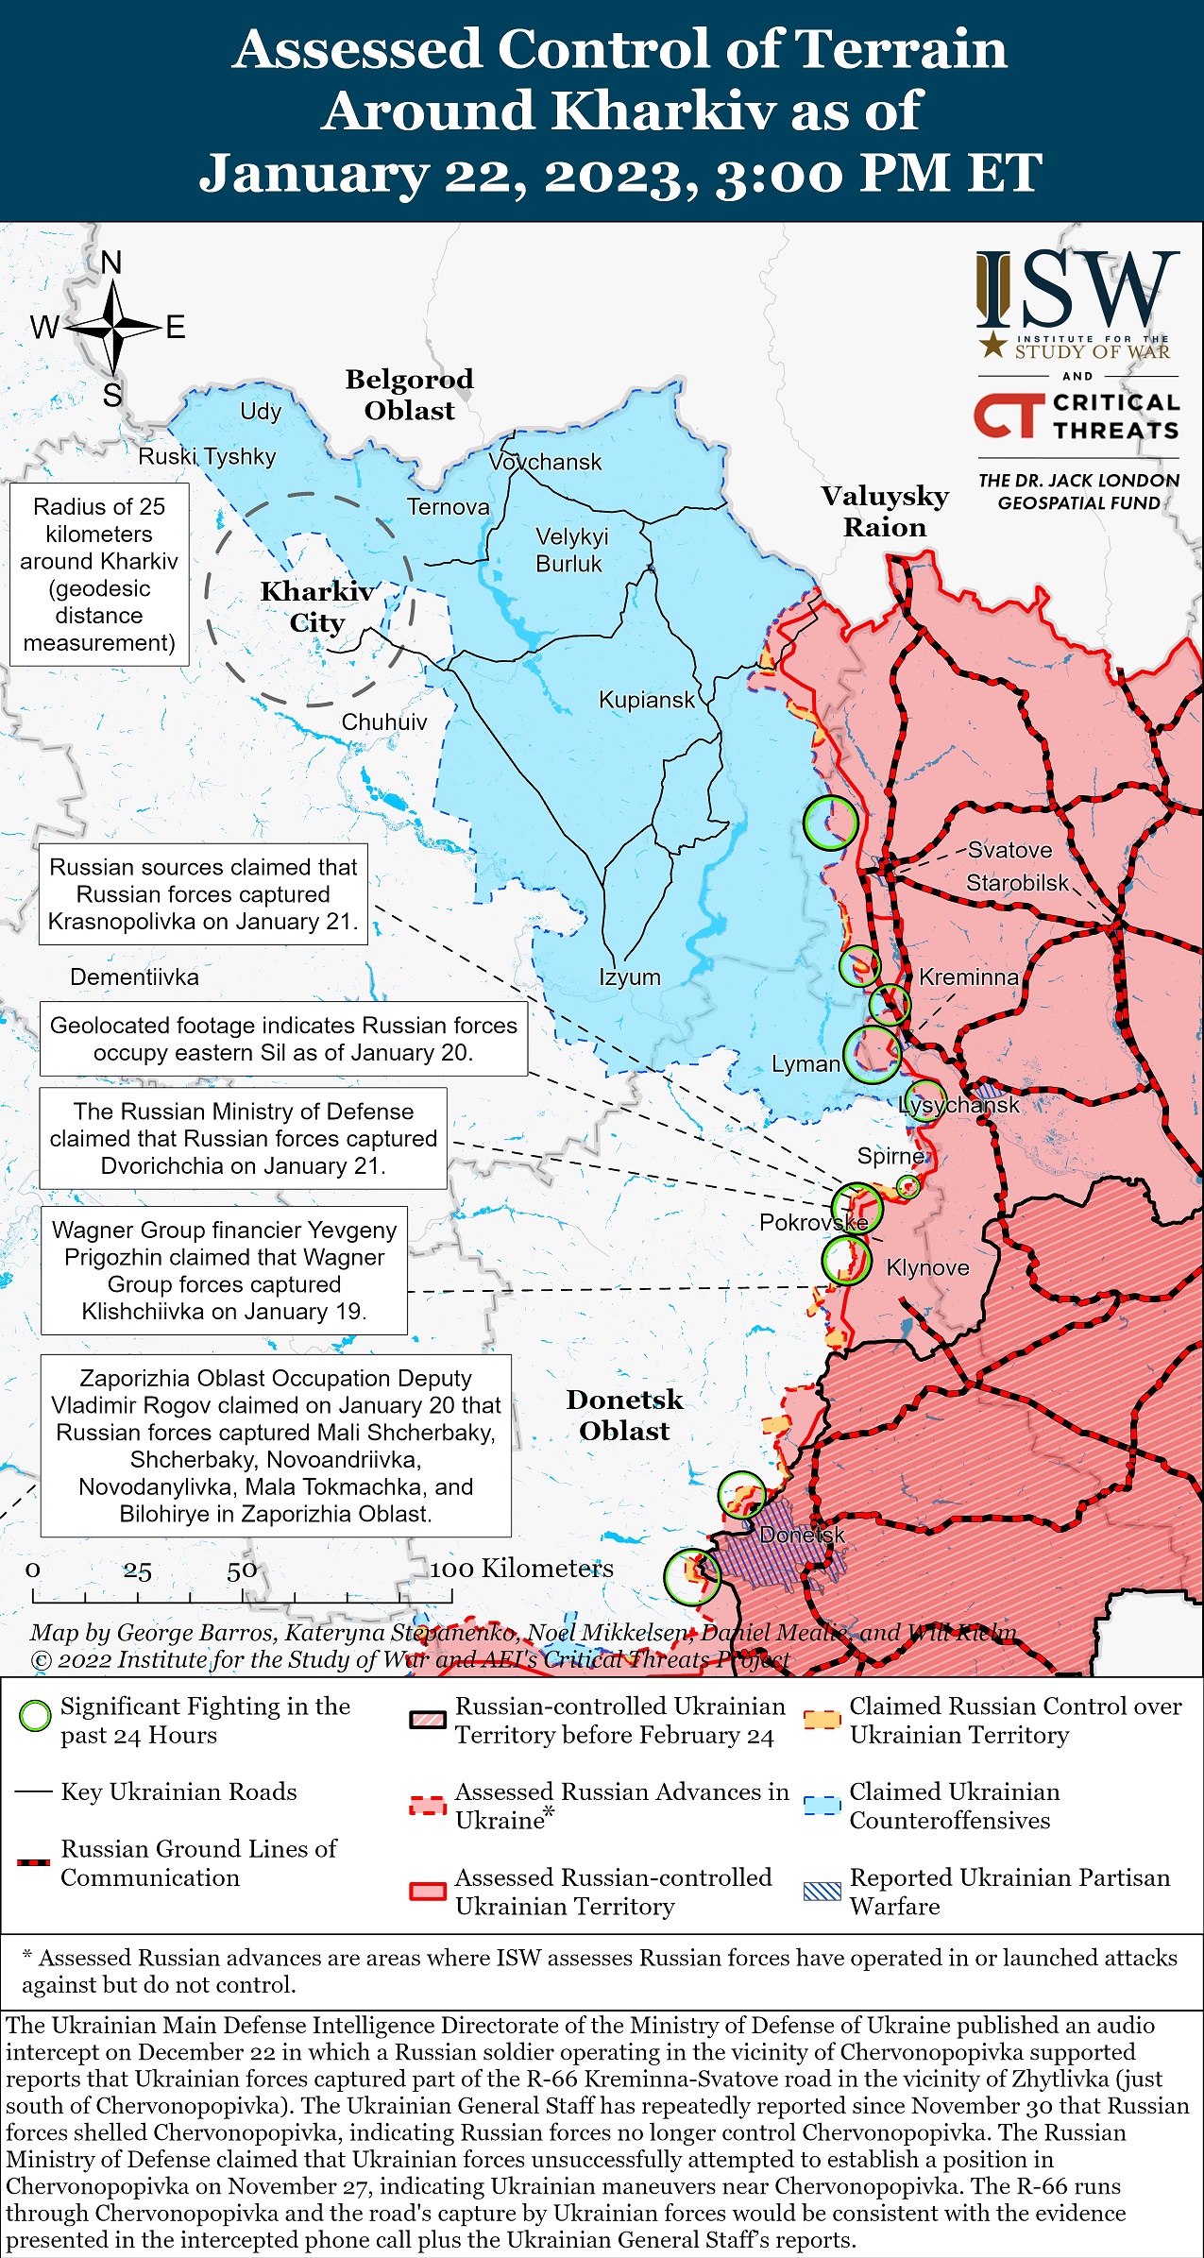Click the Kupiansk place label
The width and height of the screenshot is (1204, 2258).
(646, 700)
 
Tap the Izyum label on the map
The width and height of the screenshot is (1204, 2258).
(629, 976)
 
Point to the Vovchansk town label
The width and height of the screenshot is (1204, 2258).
(545, 462)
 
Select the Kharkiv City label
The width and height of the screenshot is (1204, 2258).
(317, 606)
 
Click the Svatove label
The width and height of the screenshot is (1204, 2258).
(1009, 849)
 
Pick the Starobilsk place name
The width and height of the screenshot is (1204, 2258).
(1017, 883)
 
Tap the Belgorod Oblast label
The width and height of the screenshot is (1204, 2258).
(409, 395)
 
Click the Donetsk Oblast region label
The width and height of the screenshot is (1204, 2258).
(624, 1415)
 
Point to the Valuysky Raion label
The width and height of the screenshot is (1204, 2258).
(884, 511)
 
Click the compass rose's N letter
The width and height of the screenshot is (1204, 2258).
(111, 263)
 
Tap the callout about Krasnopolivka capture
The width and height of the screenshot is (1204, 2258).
(203, 893)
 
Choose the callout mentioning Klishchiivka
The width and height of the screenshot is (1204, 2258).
(224, 1270)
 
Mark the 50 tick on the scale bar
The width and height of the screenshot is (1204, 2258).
(242, 1570)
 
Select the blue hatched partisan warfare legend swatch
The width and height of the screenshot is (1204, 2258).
(822, 1892)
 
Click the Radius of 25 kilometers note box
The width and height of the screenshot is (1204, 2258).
(99, 574)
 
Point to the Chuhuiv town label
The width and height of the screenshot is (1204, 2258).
(383, 722)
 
